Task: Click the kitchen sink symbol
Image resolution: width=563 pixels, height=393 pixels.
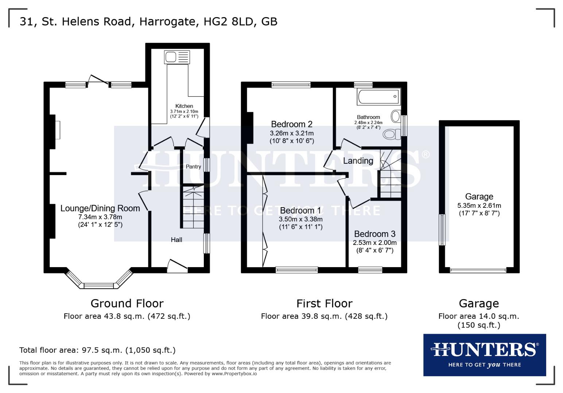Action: coord(177,57)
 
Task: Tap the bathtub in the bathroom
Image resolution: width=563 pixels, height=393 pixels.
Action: coord(379,97)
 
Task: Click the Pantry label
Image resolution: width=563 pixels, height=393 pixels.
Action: coord(193,167)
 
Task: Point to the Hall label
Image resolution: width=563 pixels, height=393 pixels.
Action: coord(176,240)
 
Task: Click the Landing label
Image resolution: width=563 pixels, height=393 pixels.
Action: coord(358,161)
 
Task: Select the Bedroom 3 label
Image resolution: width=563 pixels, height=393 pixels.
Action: coord(374,234)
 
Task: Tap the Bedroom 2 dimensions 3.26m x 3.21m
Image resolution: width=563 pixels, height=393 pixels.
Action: coord(292,133)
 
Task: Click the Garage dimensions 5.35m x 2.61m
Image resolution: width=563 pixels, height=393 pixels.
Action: coord(479,206)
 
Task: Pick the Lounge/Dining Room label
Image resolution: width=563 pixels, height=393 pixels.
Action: coord(100,209)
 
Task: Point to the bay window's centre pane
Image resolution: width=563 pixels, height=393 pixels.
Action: coord(99,286)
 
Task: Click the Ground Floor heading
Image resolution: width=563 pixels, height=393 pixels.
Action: coord(127,303)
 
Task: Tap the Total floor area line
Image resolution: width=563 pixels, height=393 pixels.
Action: coord(97,350)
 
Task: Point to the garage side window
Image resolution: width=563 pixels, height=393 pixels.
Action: coord(442,230)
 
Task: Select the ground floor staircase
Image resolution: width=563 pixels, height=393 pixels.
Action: coord(193,207)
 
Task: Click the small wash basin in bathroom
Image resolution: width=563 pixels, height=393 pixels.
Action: coord(395,116)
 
